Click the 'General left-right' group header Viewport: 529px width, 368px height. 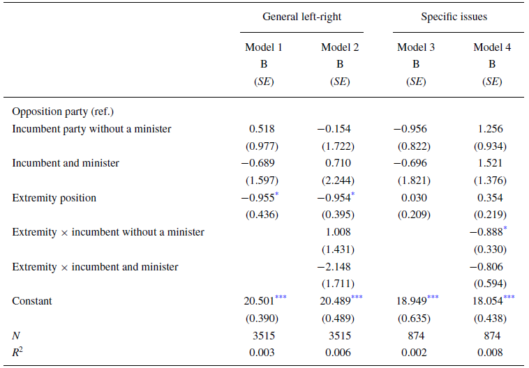coord(301,17)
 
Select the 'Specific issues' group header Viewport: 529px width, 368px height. coord(454,17)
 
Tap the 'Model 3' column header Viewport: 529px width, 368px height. coord(416,47)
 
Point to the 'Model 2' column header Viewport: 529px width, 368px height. coord(340,47)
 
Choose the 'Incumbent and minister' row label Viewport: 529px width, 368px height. coord(66,163)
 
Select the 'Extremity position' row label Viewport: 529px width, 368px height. coord(54,198)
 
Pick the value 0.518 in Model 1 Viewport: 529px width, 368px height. coord(264,129)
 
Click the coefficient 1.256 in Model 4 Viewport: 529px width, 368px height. coord(492,129)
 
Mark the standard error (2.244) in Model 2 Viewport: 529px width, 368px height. coord(340,181)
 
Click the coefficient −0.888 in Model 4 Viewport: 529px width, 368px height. coord(489,232)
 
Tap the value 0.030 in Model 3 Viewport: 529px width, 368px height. coord(416,198)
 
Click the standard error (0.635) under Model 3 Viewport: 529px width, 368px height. coord(416,319)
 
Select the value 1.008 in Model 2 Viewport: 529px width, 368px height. coord(340,232)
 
